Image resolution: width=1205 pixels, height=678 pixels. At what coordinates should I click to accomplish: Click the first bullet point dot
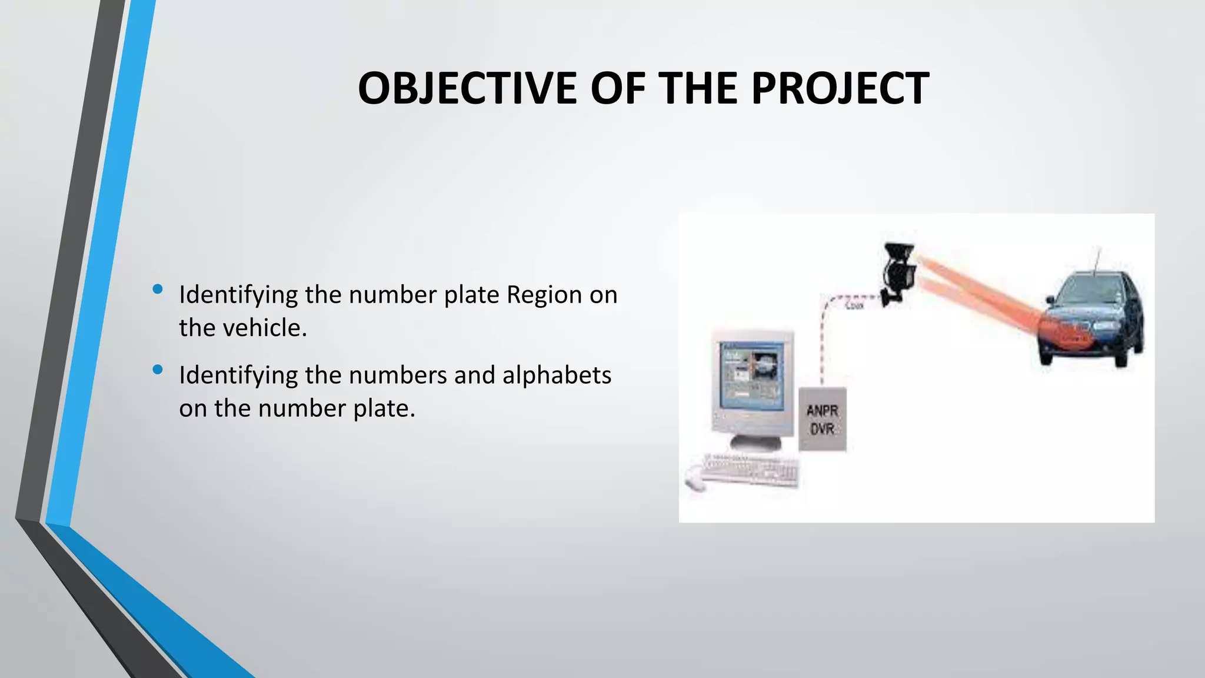(157, 289)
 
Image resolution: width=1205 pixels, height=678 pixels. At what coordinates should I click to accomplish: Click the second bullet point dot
(157, 370)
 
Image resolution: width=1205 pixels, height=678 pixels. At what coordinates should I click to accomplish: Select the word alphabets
(557, 375)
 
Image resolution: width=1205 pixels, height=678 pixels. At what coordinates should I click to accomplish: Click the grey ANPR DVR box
(822, 419)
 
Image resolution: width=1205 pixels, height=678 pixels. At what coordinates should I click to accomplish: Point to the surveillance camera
(898, 271)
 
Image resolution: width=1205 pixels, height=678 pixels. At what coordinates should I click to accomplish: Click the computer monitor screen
(752, 377)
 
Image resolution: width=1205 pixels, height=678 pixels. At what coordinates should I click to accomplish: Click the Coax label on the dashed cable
(854, 305)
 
